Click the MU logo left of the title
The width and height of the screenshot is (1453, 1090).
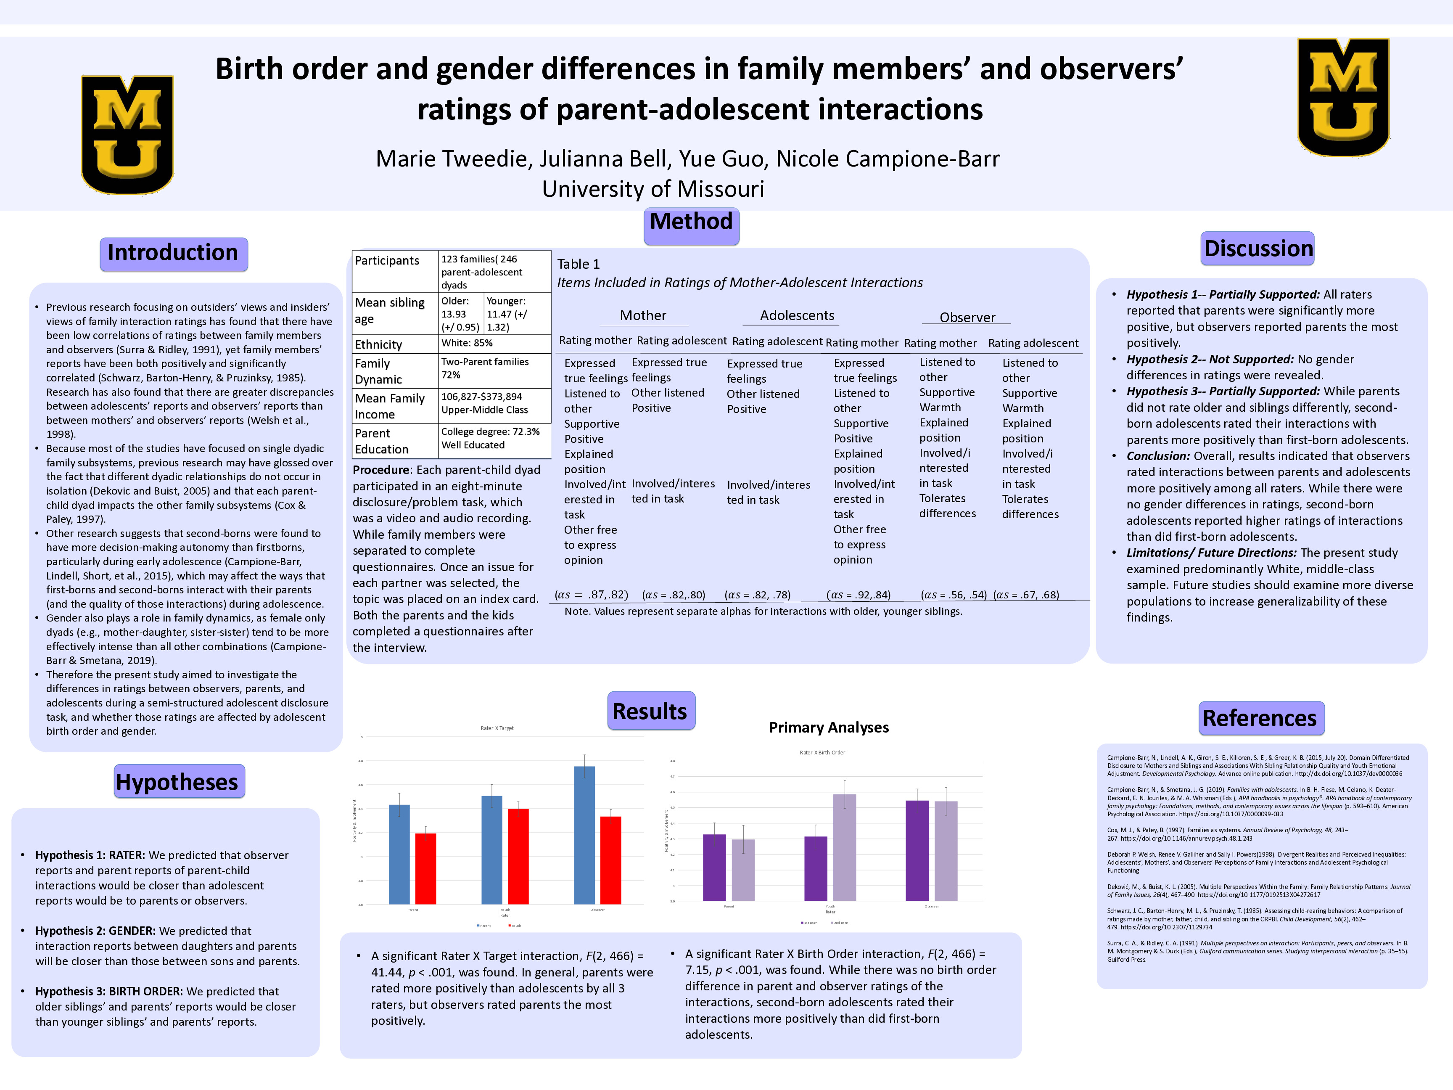tap(127, 135)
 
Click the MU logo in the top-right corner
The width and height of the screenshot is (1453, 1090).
tap(1343, 97)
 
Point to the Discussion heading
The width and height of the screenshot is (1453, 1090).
tap(1257, 249)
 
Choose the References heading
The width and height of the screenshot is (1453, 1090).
tap(1259, 718)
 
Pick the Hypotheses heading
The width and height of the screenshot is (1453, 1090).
tap(177, 782)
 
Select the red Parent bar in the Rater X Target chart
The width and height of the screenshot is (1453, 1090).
tap(425, 868)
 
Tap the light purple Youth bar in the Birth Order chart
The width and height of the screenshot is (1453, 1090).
tap(844, 847)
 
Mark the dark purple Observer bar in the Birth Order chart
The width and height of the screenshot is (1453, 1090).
tap(917, 850)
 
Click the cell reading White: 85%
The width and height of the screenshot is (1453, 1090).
tap(467, 343)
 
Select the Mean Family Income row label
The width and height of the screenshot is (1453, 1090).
tap(390, 406)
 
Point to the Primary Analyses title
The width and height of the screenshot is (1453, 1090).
tap(829, 728)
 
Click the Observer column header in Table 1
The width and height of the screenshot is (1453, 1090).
tap(967, 317)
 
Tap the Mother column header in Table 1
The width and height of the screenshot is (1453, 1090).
tap(643, 315)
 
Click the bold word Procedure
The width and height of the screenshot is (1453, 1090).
tap(381, 470)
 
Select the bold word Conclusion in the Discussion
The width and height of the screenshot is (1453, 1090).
tap(1157, 456)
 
